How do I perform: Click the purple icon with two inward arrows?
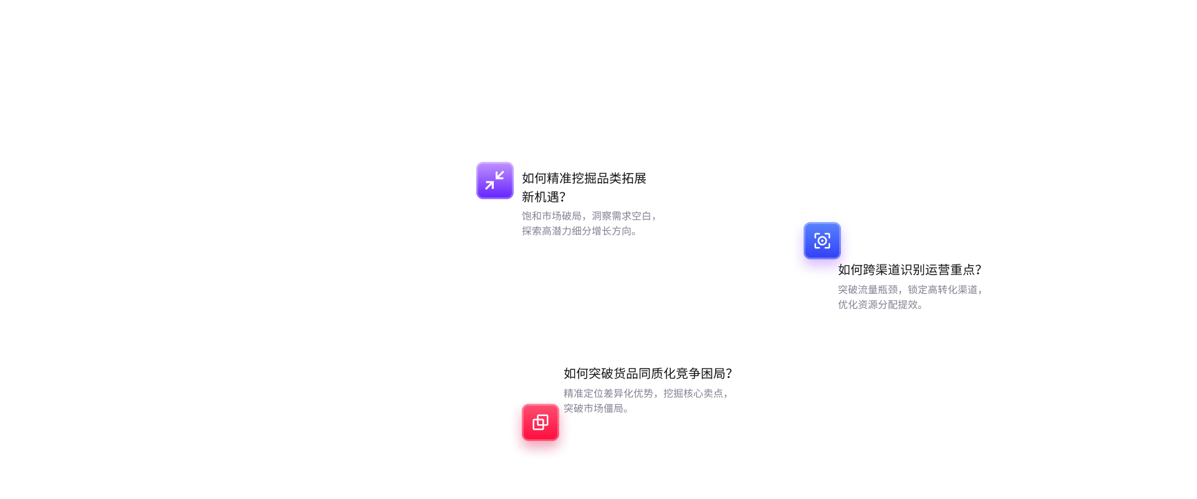click(494, 181)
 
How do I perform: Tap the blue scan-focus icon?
click(822, 241)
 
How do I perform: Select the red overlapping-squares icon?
click(541, 422)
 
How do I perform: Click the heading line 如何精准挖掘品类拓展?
click(584, 178)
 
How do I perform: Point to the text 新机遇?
click(543, 197)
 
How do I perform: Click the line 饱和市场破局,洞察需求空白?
click(589, 216)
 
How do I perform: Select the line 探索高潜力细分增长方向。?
click(579, 231)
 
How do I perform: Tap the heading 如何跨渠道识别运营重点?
click(909, 269)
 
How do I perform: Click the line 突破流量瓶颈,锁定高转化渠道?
click(910, 289)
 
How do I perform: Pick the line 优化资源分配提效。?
click(880, 304)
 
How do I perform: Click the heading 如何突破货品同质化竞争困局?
click(647, 373)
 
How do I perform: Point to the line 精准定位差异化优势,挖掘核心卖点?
click(646, 393)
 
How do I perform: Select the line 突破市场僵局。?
click(595, 408)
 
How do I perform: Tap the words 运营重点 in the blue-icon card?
click(949, 269)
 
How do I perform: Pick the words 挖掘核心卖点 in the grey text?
click(693, 393)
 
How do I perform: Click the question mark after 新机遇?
click(562, 197)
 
